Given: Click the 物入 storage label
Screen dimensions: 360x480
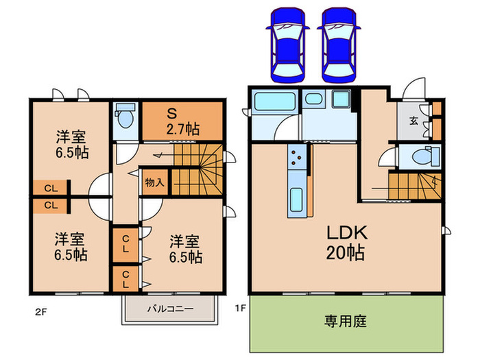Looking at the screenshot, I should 154,182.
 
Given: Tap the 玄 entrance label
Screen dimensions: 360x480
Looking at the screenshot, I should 414,121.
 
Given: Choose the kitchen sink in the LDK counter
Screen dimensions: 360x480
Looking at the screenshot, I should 296,200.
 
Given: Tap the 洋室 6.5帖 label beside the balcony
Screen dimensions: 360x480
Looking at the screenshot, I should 186,250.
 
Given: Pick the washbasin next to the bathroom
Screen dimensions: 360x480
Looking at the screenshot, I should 315,101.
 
